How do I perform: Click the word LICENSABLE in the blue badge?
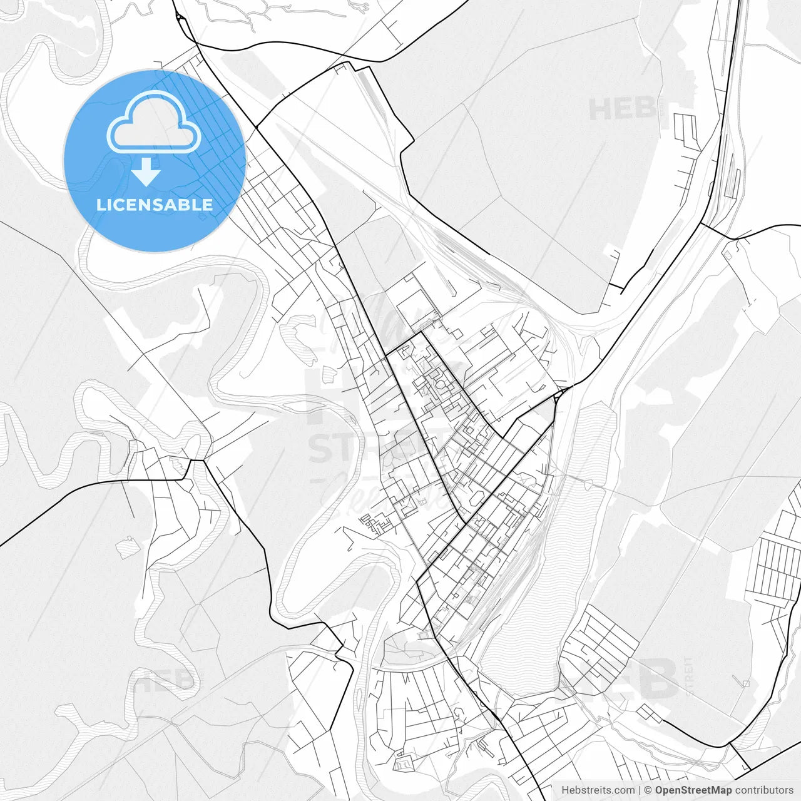(155, 205)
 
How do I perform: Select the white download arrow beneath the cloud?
(146, 171)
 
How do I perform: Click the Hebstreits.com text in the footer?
(598, 790)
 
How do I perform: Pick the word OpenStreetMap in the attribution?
(693, 790)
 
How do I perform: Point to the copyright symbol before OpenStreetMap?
(648, 790)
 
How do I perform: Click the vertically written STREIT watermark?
(690, 676)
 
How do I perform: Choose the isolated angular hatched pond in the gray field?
(126, 546)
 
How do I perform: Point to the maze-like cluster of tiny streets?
(375, 523)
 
